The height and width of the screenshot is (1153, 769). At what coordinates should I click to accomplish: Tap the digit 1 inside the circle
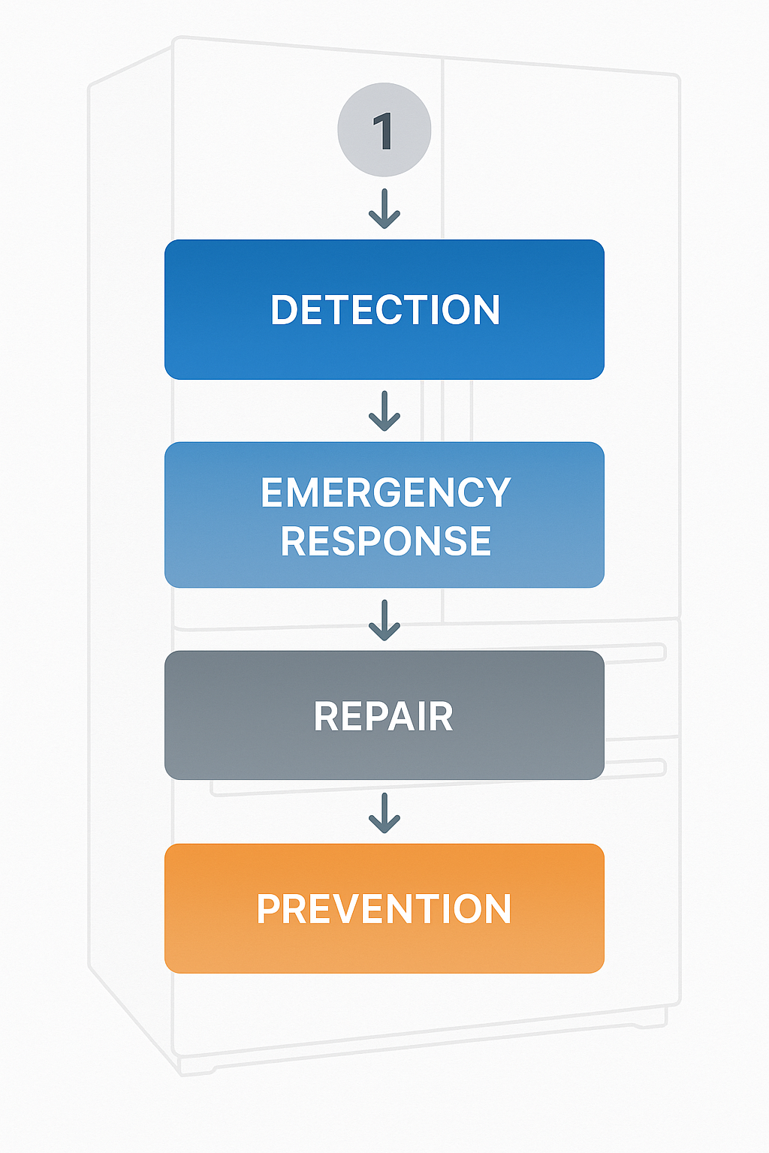click(x=383, y=131)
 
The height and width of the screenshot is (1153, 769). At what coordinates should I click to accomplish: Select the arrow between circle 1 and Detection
click(x=384, y=209)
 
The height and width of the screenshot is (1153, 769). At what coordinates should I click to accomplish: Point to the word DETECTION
click(x=384, y=310)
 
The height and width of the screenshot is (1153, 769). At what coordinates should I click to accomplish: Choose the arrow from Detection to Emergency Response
click(x=384, y=411)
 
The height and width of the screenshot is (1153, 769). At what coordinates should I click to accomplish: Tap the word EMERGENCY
click(x=385, y=493)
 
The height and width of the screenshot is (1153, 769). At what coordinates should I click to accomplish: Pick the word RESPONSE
click(x=385, y=541)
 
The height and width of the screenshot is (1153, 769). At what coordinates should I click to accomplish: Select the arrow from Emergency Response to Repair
click(x=384, y=620)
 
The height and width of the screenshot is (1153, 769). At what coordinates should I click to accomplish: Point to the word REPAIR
click(x=383, y=717)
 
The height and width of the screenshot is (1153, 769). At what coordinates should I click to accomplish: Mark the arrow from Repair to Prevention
click(x=384, y=813)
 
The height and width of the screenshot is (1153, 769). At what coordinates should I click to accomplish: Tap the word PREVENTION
click(x=384, y=909)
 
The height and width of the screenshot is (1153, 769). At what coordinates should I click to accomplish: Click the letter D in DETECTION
click(x=285, y=310)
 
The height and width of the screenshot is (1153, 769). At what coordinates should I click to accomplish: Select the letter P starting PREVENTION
click(x=269, y=909)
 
